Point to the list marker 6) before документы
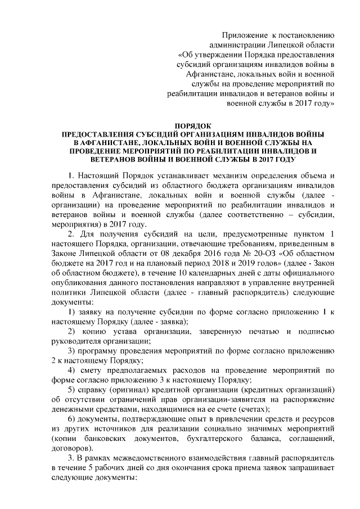71,420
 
